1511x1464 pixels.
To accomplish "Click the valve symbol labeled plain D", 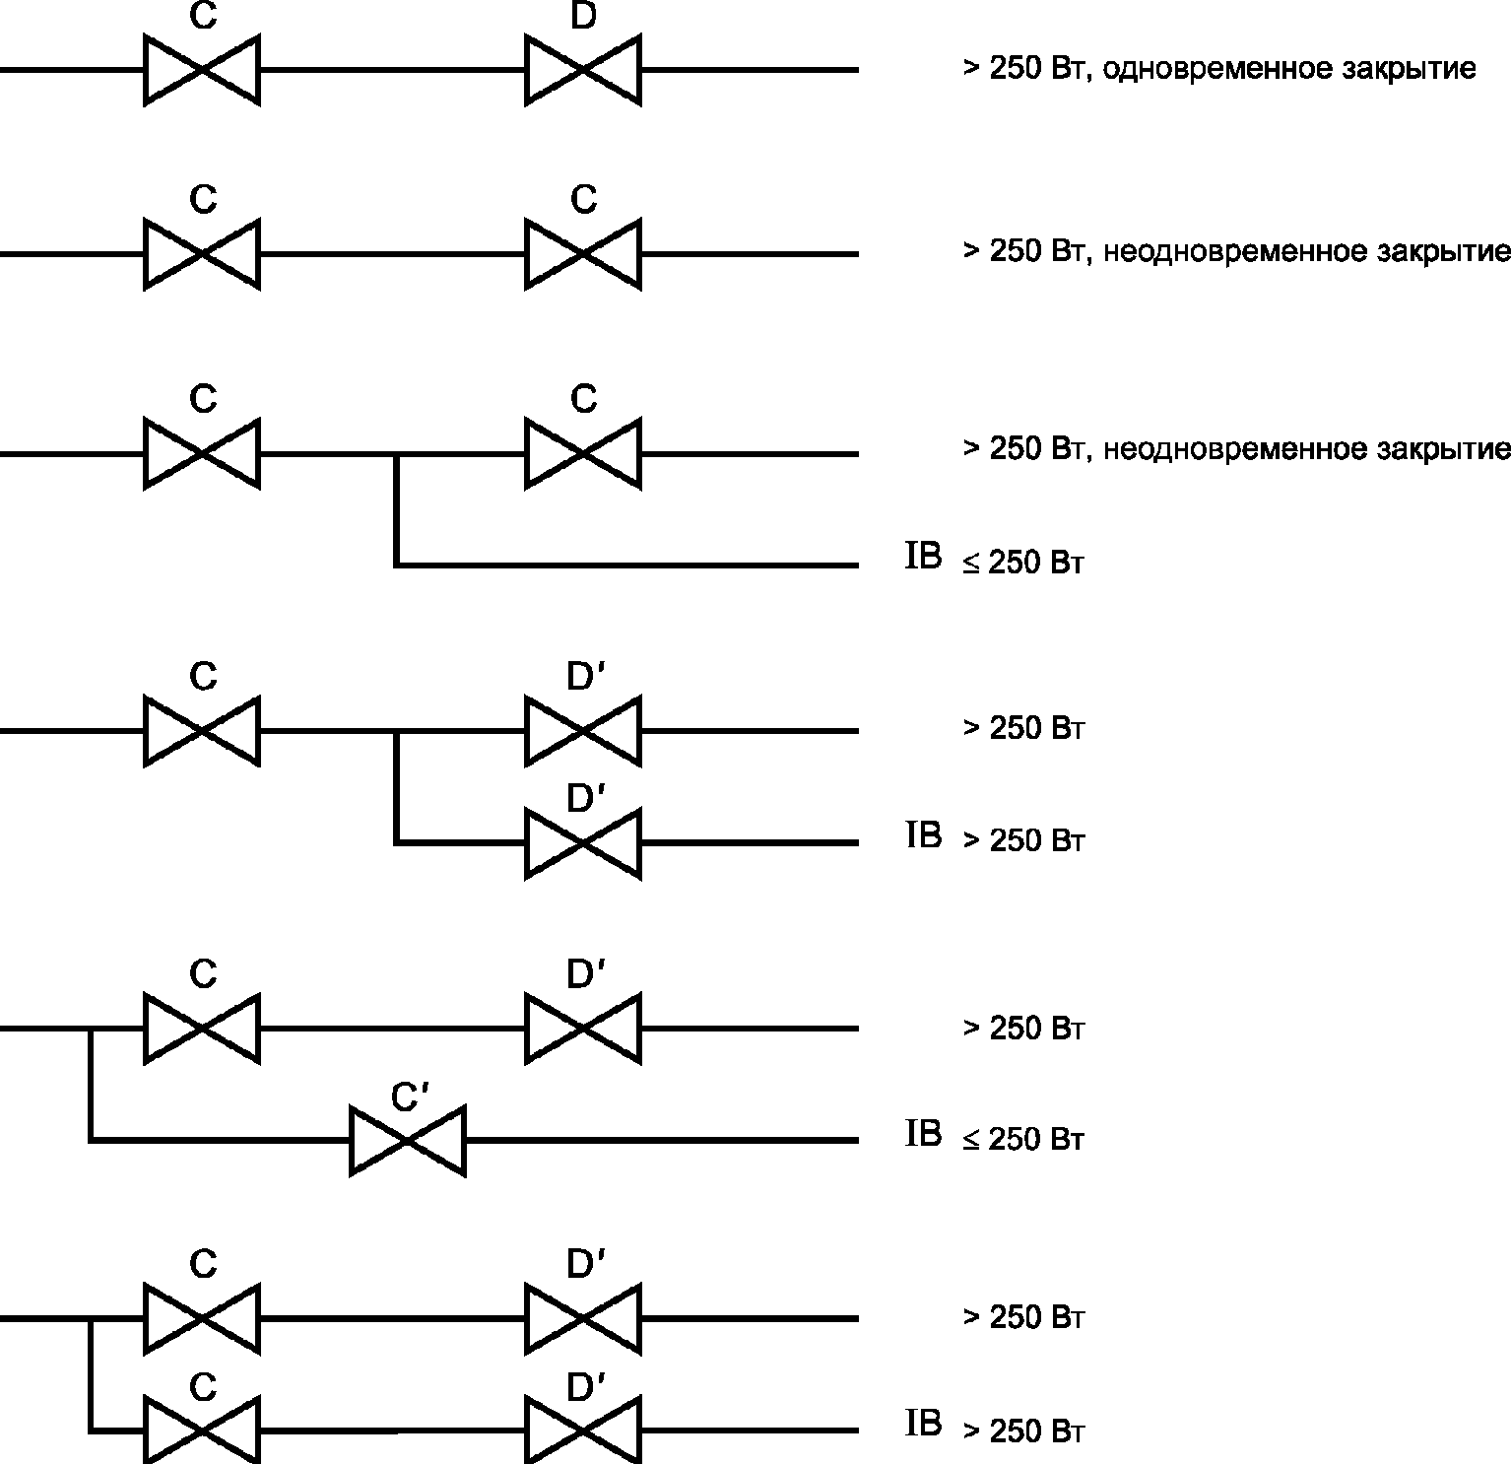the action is pyautogui.click(x=583, y=70).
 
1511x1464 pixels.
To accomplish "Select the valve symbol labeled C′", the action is pyautogui.click(x=408, y=1141).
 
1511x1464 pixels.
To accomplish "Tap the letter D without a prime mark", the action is pyautogui.click(x=583, y=17).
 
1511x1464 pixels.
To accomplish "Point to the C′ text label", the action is pyautogui.click(x=408, y=1097).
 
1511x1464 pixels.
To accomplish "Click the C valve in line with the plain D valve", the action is pyautogui.click(x=202, y=70).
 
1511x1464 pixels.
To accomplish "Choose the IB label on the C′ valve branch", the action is pyautogui.click(x=923, y=1135).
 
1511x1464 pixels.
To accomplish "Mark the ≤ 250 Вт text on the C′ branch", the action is pyautogui.click(x=1023, y=1140).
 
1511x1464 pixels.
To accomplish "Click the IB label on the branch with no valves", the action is pyautogui.click(x=923, y=557).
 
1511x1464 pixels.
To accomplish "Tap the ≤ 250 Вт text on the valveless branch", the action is pyautogui.click(x=1023, y=563).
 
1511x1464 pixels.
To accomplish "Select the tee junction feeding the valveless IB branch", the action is pyautogui.click(x=396, y=454).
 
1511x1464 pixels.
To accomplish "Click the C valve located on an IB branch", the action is pyautogui.click(x=202, y=1431).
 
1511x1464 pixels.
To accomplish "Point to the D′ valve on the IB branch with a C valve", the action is pyautogui.click(x=583, y=1431).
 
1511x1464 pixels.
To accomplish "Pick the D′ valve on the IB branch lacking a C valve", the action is pyautogui.click(x=583, y=843).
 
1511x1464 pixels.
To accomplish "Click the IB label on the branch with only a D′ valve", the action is pyautogui.click(x=923, y=835).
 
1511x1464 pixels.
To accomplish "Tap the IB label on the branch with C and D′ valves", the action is pyautogui.click(x=923, y=1425).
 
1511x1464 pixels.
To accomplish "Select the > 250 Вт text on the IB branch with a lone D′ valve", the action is pyautogui.click(x=1023, y=840).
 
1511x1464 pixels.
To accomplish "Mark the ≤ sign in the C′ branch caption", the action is pyautogui.click(x=971, y=1141).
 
